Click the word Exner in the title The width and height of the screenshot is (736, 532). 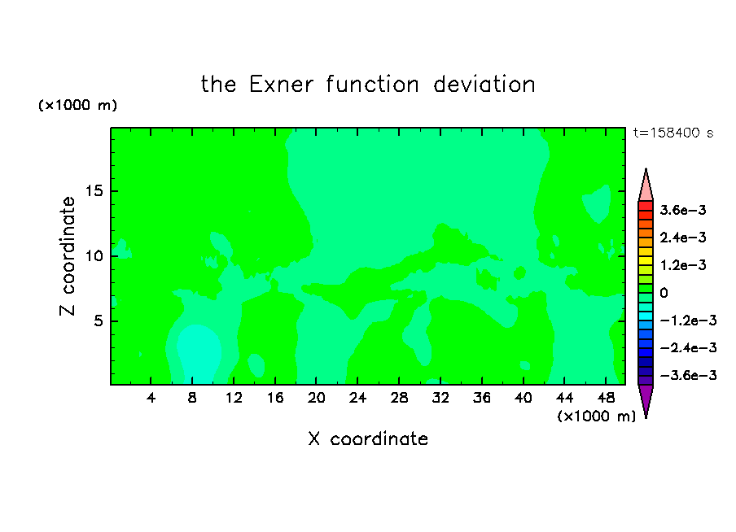(281, 85)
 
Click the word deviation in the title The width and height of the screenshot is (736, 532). (484, 85)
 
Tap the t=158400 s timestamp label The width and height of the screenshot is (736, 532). (673, 133)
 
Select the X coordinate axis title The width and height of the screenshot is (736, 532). (368, 438)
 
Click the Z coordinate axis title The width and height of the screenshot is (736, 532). (67, 255)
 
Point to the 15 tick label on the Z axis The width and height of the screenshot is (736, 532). (94, 191)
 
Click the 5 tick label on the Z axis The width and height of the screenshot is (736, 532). (98, 321)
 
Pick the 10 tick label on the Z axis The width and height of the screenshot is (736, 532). (94, 256)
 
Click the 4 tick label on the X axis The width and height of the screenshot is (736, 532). (151, 398)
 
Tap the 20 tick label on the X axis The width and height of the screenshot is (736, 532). (316, 398)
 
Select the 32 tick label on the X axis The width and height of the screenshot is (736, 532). (440, 398)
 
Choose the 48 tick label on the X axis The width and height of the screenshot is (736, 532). (606, 398)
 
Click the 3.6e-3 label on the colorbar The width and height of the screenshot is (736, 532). (683, 210)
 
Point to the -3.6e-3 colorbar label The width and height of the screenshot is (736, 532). (688, 375)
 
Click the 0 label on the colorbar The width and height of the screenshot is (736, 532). (664, 293)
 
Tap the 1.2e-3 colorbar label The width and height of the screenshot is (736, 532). (683, 265)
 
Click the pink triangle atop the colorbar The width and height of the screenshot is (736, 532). (646, 188)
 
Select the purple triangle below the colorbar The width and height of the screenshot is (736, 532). (646, 399)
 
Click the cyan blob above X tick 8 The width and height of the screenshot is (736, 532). (198, 353)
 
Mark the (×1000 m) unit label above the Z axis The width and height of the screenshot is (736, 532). (77, 105)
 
